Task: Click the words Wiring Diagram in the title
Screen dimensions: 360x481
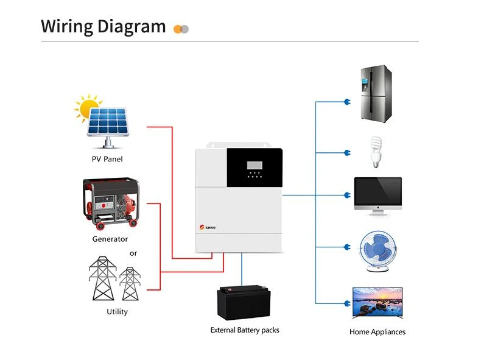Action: [x=103, y=27]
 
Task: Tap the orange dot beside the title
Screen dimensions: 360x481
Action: [x=178, y=29]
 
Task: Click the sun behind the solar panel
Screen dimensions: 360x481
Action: [x=87, y=107]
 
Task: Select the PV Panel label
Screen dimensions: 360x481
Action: [x=107, y=160]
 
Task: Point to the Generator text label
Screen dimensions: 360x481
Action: [x=110, y=239]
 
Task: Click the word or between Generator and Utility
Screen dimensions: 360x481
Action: [x=133, y=253]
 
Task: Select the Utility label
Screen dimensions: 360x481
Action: [x=117, y=312]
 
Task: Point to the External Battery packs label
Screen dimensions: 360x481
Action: [x=244, y=330]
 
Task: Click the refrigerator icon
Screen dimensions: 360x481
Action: [x=374, y=94]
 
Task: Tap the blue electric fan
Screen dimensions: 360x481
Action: [x=377, y=250]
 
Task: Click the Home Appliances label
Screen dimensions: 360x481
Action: [x=377, y=332]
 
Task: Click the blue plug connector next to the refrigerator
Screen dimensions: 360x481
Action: [x=347, y=102]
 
